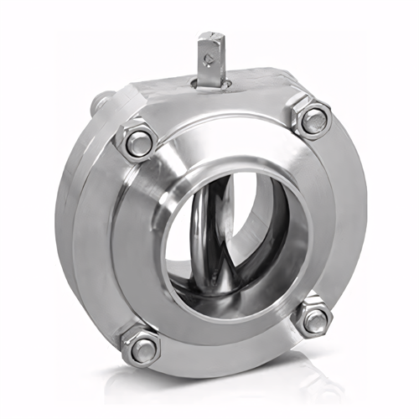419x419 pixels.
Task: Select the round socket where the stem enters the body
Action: (209, 82)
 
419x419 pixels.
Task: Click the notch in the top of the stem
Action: (209, 36)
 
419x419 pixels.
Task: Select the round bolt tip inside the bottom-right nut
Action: (315, 318)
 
